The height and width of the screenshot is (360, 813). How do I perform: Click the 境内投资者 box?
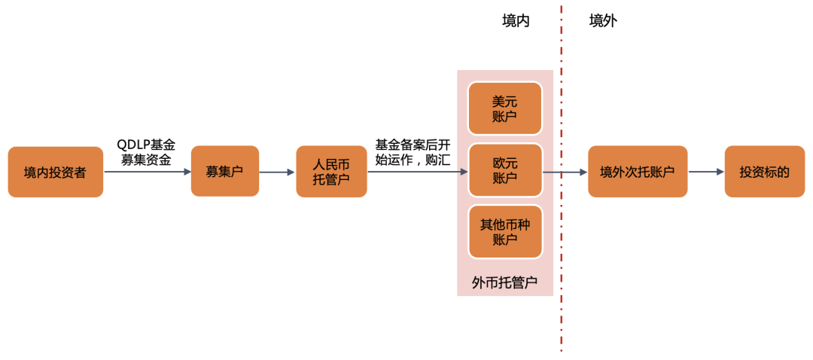click(55, 172)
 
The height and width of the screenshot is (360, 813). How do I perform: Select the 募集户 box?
click(224, 172)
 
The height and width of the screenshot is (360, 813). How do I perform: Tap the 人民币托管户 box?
click(331, 172)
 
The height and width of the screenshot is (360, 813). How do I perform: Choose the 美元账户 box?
click(504, 108)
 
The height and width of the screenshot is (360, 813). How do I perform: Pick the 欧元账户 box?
click(504, 170)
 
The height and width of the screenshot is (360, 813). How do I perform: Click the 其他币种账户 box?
click(504, 232)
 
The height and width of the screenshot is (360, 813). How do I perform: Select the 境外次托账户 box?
click(637, 172)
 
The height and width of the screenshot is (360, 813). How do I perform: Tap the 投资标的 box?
click(764, 172)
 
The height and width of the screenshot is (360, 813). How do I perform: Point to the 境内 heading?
click(516, 21)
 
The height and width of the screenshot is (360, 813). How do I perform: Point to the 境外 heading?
click(602, 21)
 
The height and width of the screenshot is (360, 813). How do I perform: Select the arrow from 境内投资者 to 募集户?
click(147, 172)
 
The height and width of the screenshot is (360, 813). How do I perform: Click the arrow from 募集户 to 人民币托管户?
click(276, 172)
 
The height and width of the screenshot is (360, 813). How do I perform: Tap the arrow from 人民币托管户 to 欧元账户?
click(417, 172)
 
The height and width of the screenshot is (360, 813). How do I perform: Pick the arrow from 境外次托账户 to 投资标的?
click(705, 172)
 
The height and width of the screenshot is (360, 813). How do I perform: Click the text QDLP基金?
click(146, 144)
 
